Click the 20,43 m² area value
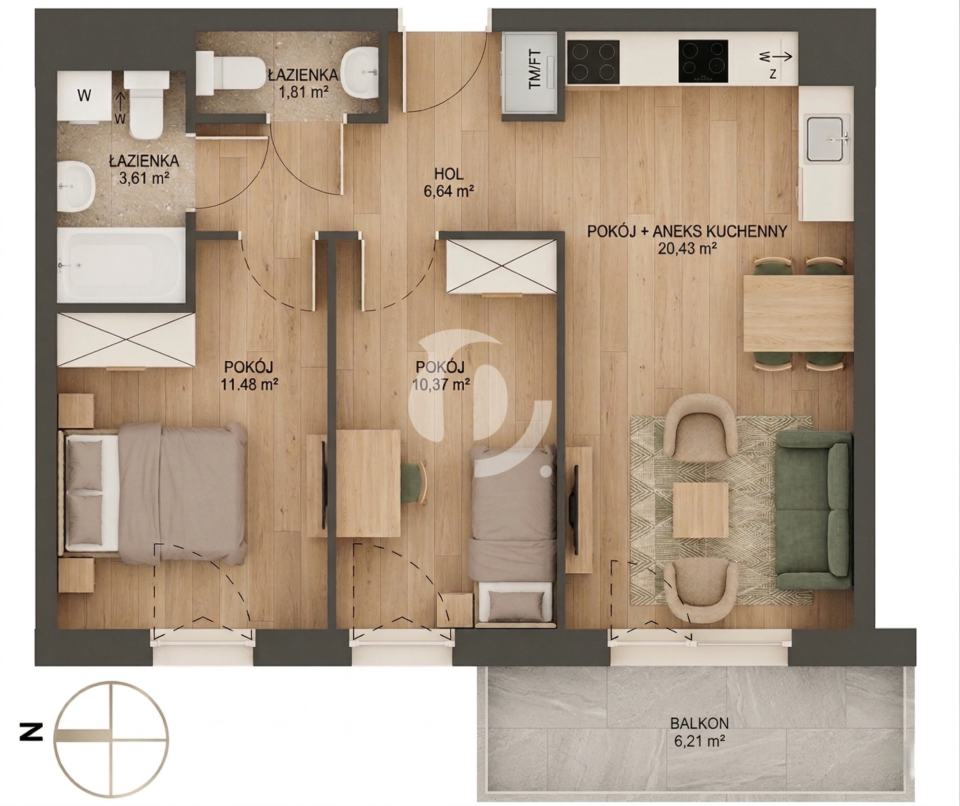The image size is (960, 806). point(686,248)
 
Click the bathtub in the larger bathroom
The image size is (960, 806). point(121,265)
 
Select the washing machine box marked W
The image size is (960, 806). point(84,96)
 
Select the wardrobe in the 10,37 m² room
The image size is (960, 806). point(501,266)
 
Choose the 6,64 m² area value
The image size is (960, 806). point(449,191)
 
